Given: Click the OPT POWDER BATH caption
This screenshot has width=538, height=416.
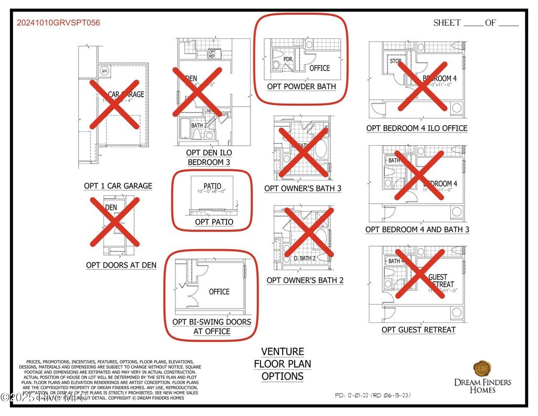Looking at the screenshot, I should [301, 87].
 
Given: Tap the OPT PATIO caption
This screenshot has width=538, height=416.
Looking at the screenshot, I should [214, 222].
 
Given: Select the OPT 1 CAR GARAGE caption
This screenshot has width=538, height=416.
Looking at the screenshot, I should [118, 186].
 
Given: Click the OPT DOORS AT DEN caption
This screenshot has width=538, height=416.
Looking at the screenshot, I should [121, 266].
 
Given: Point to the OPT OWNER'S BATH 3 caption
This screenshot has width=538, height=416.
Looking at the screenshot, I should [303, 189].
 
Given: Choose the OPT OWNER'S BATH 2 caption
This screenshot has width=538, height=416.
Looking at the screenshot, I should [305, 281].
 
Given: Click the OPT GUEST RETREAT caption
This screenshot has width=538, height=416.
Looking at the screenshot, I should [418, 330].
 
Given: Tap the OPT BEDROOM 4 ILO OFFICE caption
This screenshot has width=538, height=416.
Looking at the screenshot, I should [417, 128].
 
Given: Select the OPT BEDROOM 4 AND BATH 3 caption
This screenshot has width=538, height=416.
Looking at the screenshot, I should [417, 230].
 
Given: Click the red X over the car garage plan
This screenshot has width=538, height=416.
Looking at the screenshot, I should [115, 105].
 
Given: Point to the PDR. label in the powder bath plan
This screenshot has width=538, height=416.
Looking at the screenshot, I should [288, 59].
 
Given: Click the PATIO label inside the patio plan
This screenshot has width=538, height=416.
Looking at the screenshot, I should [212, 186].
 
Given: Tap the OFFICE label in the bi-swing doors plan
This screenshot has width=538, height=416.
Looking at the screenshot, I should [219, 292].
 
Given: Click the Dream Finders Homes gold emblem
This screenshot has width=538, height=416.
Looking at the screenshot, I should [482, 368].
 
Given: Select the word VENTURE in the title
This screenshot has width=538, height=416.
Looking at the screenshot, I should [283, 352].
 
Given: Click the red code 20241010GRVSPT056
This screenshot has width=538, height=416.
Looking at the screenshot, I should [58, 23].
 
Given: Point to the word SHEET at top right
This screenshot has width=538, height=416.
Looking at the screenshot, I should [447, 23].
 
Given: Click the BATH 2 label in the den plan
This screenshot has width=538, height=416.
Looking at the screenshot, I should [198, 126].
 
